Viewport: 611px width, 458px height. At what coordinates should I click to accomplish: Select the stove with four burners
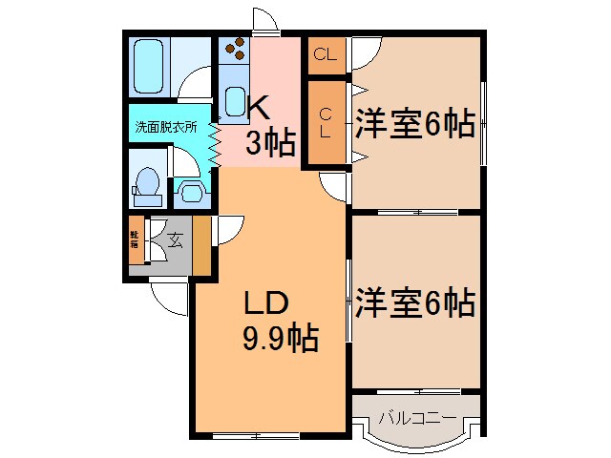(x=234, y=49)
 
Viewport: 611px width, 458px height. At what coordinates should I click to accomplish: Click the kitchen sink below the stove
(x=235, y=98)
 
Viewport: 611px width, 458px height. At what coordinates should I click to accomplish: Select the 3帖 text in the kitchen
(x=269, y=143)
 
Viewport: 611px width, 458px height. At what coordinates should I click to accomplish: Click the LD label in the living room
(x=266, y=304)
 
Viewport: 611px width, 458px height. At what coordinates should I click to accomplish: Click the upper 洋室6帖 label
(x=415, y=123)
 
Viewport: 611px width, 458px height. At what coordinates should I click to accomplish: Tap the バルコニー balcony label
(x=415, y=416)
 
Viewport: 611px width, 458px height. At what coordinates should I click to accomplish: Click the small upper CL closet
(x=325, y=55)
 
